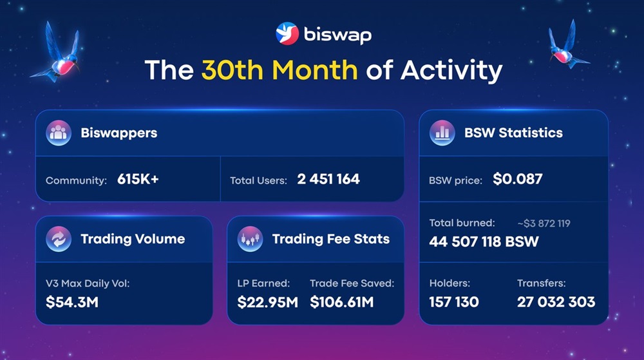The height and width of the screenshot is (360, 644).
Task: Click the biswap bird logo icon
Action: pos(287,33)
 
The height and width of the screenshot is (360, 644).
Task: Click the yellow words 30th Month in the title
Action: pos(279,70)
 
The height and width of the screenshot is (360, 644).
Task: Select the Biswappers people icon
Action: pos(58,133)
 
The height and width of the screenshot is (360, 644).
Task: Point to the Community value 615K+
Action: pos(138,179)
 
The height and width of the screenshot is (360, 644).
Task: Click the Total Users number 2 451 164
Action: pos(328,179)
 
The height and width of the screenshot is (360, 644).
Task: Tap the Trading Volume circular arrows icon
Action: pos(58,239)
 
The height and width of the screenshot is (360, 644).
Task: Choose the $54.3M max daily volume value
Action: pos(72,301)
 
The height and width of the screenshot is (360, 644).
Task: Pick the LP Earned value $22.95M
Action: pos(267,301)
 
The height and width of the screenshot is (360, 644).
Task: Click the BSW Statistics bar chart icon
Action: pos(442,133)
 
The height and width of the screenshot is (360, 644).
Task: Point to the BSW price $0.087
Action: pos(518,179)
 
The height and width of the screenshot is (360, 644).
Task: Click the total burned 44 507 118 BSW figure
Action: pos(484,242)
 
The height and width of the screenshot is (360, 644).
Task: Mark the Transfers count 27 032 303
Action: pos(556,301)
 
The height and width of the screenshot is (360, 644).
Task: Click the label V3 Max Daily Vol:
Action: pos(88,283)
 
